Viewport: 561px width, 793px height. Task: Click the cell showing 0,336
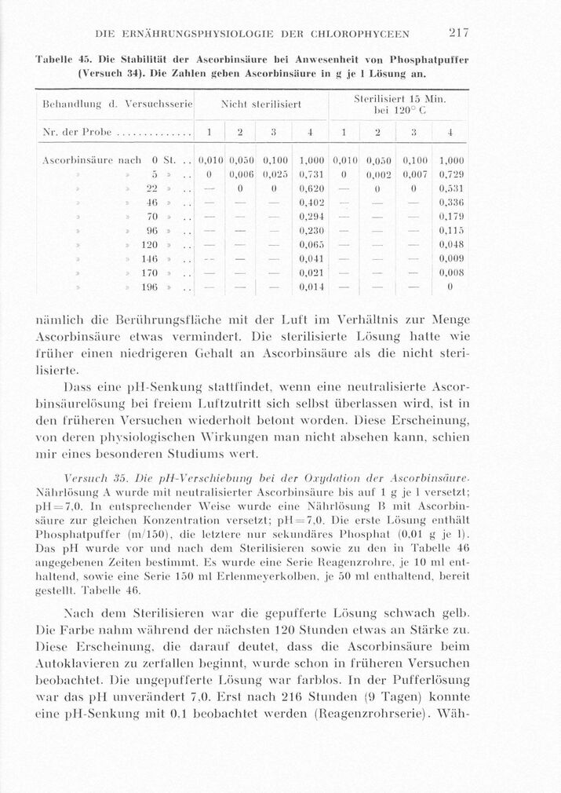(452, 203)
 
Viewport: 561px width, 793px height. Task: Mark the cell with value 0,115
(452, 231)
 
